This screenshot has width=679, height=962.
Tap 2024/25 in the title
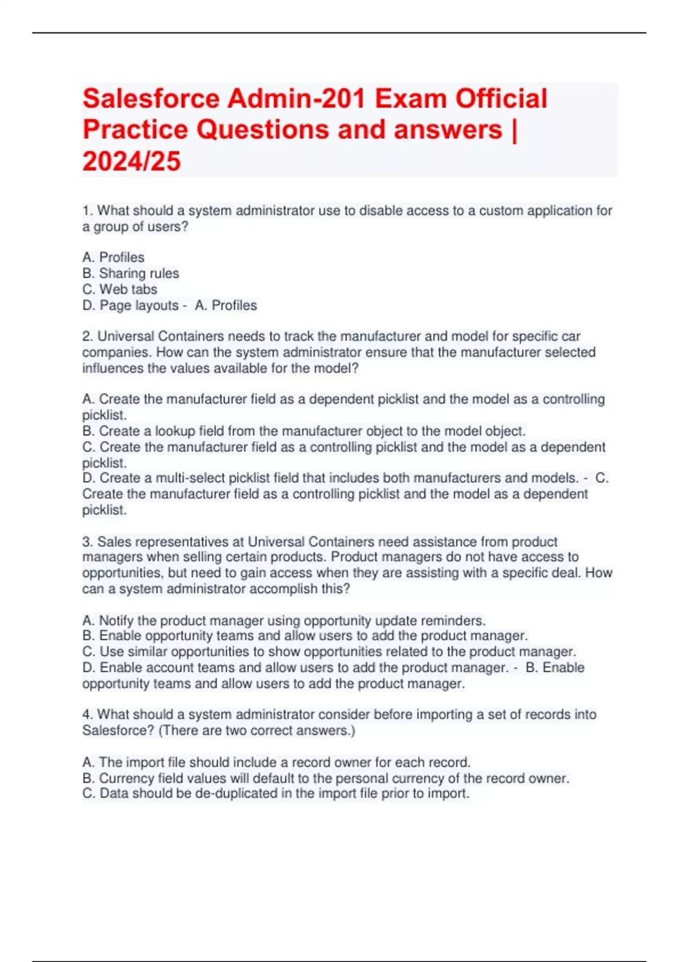coord(131,161)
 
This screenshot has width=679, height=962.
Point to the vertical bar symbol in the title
coord(514,130)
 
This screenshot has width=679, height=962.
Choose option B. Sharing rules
coord(131,273)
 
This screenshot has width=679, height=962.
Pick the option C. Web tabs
coord(120,289)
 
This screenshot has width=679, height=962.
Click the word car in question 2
coord(570,336)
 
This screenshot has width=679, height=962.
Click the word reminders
coord(456,620)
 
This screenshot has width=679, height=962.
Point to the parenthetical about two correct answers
coord(257,731)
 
